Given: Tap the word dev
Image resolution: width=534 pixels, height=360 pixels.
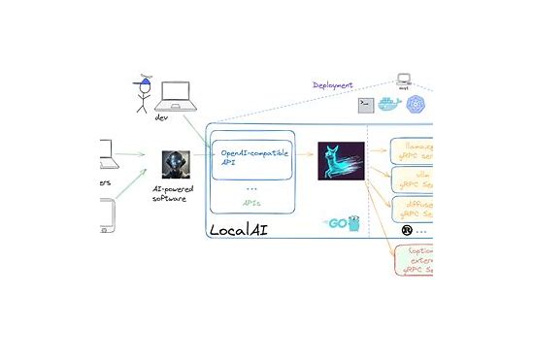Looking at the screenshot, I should [x=162, y=117].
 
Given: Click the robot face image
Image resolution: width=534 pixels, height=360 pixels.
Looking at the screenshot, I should [x=174, y=163].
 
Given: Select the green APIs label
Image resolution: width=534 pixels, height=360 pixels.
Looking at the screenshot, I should [x=250, y=205].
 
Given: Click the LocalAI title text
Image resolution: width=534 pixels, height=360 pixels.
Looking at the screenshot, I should [x=244, y=231].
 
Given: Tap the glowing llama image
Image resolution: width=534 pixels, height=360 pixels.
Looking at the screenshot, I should [x=341, y=162].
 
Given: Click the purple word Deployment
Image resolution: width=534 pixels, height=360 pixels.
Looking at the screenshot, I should [x=333, y=84].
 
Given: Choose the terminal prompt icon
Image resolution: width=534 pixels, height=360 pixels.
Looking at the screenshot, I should [x=365, y=104].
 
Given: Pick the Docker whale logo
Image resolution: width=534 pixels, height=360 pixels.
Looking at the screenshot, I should [x=389, y=103].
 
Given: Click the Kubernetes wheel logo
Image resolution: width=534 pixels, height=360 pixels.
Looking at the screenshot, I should [x=416, y=104].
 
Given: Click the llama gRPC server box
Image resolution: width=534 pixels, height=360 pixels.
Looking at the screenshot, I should [x=413, y=151].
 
